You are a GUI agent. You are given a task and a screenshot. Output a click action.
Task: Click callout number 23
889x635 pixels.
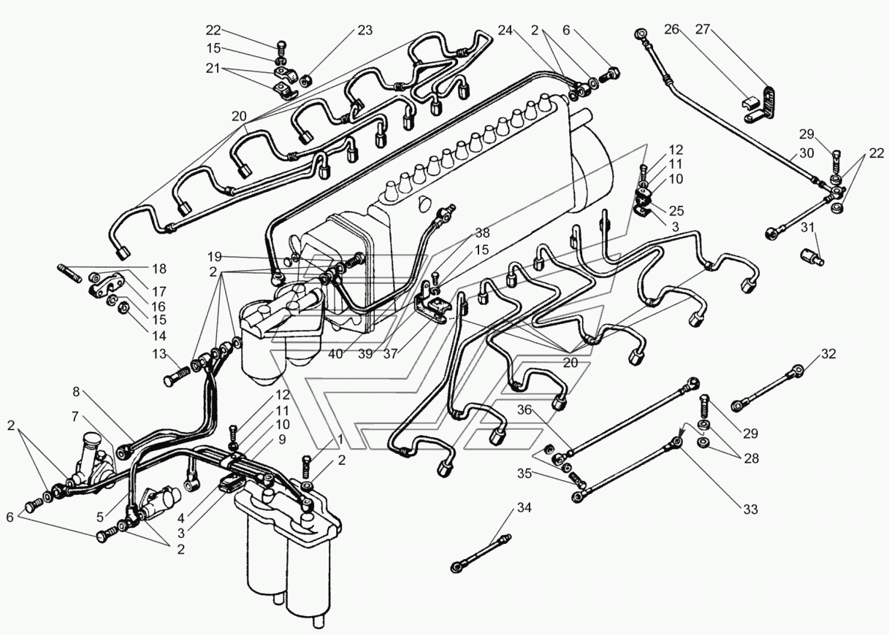pos(364,31)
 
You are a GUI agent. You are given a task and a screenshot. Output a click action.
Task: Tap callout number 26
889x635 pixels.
pos(672,30)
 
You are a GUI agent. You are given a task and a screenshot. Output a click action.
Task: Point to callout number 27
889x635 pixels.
pos(703,30)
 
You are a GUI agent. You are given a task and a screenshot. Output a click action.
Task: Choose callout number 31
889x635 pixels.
pos(806,228)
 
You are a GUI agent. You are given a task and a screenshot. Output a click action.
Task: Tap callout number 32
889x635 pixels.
pos(827,355)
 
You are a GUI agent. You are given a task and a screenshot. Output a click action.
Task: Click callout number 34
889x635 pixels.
pos(525,507)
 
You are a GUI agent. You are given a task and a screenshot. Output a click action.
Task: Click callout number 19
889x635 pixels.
pos(214,257)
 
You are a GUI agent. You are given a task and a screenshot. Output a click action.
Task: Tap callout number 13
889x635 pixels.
pos(159,354)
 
